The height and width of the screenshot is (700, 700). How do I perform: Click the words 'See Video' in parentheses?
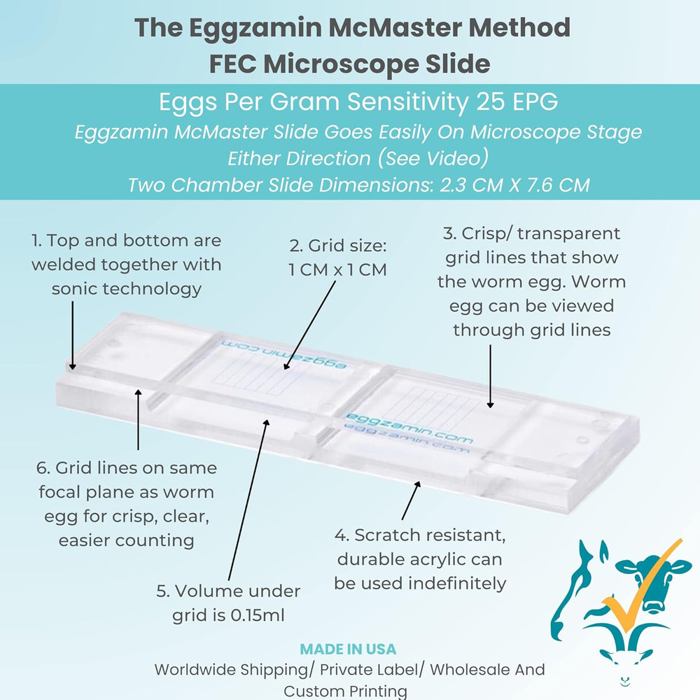433,158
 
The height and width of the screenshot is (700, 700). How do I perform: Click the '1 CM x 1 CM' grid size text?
337,269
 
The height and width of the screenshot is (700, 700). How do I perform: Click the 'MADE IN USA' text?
348,649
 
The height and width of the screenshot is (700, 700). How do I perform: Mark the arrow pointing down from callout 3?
490,374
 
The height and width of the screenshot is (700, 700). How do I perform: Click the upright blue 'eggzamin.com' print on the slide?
409,428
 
